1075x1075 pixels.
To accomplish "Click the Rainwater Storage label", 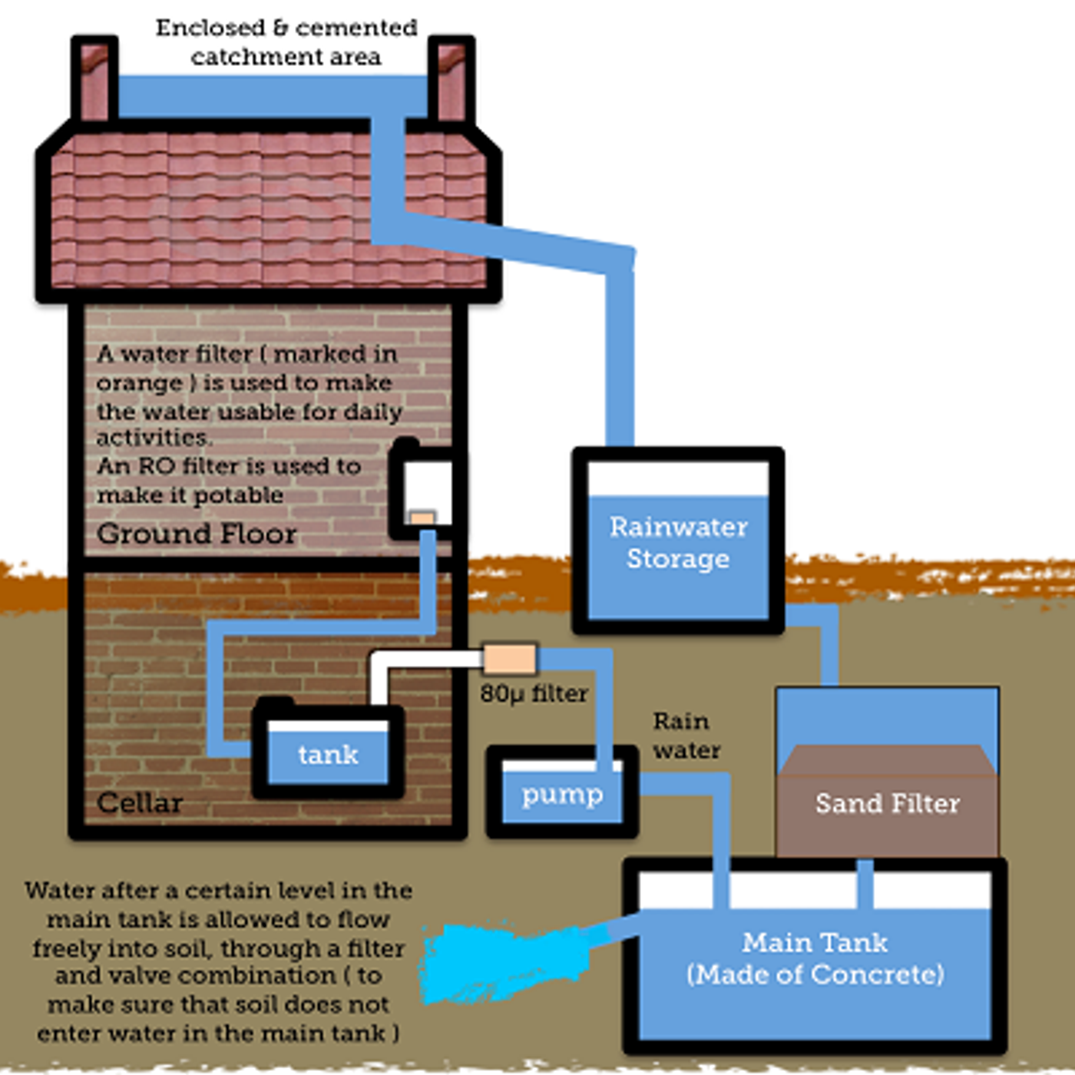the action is point(678,543).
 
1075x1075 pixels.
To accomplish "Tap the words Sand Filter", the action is point(888,804).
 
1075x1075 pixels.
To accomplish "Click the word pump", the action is point(562,795).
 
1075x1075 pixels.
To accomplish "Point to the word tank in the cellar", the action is point(328,755).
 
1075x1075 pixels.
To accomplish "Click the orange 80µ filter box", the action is point(510,659).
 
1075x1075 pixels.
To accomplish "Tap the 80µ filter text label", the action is point(534,694).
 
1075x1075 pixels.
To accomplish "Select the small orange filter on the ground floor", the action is point(422,518).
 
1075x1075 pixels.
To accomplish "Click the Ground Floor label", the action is point(197,534).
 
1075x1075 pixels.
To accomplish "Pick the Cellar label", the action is point(140,803).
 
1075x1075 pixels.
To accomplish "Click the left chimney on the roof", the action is point(95,78).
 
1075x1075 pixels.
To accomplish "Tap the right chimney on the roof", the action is point(451,78).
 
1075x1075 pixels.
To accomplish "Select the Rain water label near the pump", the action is point(686,736).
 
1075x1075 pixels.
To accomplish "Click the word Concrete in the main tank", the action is point(878,974).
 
